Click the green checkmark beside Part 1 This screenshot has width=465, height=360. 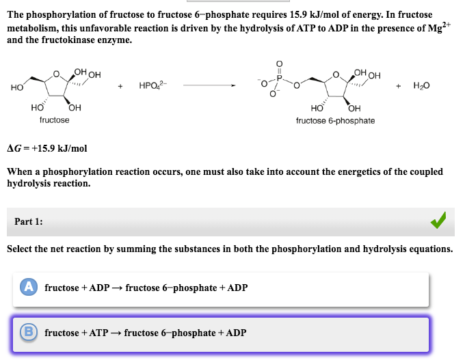click(x=439, y=221)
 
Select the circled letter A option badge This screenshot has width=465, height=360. click(x=29, y=288)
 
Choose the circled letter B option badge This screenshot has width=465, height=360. click(x=29, y=333)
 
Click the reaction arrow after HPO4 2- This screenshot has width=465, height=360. click(x=209, y=86)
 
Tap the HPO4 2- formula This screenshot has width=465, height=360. click(x=152, y=86)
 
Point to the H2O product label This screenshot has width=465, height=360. click(x=422, y=86)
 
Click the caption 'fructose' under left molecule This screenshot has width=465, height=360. click(x=54, y=120)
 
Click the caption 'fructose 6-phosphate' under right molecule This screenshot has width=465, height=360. click(x=335, y=121)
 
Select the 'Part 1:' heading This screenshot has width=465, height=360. click(x=29, y=221)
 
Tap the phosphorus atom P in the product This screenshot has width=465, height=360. click(x=280, y=78)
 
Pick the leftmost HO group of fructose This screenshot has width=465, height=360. click(x=17, y=87)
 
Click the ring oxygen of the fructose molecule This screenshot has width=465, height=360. click(x=57, y=74)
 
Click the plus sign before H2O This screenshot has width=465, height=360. click(x=399, y=86)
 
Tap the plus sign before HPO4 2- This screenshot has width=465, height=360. click(x=121, y=86)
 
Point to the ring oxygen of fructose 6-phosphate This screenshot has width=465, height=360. click(x=334, y=74)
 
